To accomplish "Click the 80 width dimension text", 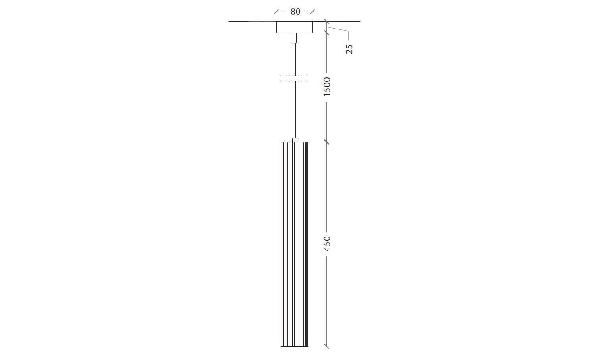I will click(295, 12).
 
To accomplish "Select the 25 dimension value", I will click(349, 49).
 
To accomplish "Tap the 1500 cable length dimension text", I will click(327, 87).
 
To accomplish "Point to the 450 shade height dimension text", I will click(327, 243).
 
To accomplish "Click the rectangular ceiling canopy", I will click(295, 27).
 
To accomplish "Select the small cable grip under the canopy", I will click(294, 38).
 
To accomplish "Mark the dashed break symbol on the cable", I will click(294, 78).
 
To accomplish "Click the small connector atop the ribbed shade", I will click(294, 140).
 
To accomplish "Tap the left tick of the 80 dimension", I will click(277, 12).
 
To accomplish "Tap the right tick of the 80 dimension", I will click(312, 12).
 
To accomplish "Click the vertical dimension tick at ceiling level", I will click(327, 21).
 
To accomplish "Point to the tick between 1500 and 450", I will click(327, 142).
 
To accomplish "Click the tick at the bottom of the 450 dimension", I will click(327, 346).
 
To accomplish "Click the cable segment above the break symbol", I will click(294, 58).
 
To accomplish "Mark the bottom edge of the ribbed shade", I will click(295, 346).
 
